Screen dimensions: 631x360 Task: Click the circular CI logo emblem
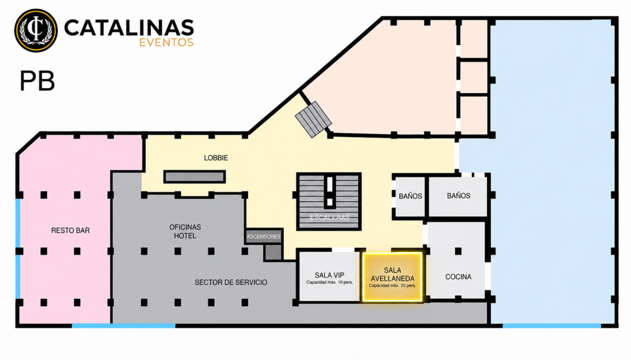click(36, 30)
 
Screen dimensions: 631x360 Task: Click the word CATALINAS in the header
click(129, 27)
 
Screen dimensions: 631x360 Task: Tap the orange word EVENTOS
click(167, 43)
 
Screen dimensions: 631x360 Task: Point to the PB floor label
click(37, 81)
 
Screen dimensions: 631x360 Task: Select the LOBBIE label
click(216, 158)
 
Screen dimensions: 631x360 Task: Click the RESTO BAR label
click(70, 231)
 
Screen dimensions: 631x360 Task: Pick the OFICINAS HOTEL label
click(185, 231)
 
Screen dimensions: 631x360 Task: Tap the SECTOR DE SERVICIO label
click(231, 282)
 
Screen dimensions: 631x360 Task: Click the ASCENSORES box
click(263, 236)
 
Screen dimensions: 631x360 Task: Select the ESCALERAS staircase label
click(330, 218)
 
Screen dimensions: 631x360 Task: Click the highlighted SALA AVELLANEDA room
click(392, 277)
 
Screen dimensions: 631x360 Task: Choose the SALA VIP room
click(329, 276)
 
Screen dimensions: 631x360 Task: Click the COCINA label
click(459, 277)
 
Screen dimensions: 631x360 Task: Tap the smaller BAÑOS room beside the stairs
click(411, 196)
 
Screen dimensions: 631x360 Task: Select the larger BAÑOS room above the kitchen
click(459, 196)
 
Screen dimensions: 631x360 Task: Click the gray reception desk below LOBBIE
click(195, 177)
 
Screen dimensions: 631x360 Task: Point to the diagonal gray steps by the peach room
click(313, 120)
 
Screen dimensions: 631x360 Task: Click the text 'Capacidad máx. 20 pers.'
click(392, 286)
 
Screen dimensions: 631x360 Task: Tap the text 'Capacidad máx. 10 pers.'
click(330, 282)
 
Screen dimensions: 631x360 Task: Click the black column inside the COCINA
click(459, 251)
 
